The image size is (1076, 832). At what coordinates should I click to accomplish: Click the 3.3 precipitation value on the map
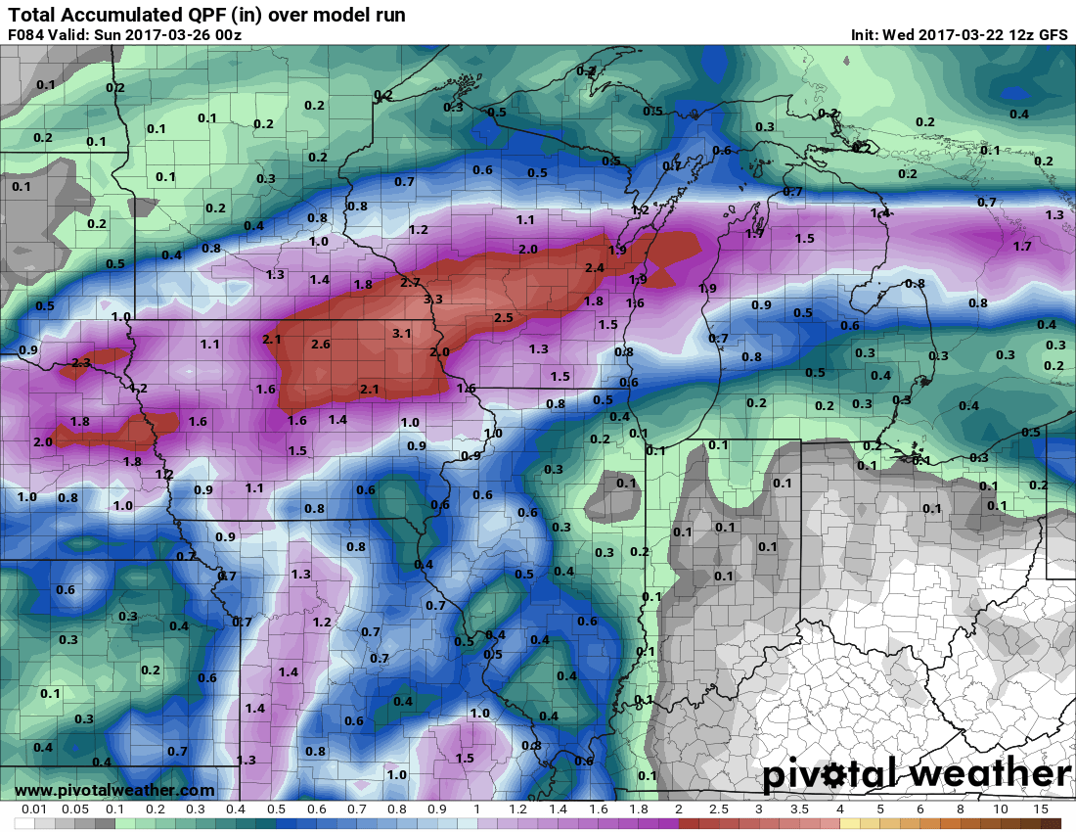click(x=432, y=300)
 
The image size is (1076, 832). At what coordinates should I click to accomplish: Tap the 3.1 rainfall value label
click(x=401, y=334)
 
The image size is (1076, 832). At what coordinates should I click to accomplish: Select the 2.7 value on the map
click(x=411, y=282)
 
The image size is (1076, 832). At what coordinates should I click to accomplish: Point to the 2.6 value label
click(x=321, y=345)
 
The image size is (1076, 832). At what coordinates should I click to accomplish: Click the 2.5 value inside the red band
click(x=504, y=318)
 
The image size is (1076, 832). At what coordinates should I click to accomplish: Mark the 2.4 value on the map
click(x=595, y=268)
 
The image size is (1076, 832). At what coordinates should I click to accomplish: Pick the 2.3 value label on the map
click(x=81, y=363)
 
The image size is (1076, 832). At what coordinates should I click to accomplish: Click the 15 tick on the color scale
click(x=1041, y=810)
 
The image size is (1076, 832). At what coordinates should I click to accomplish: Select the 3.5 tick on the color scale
click(x=799, y=810)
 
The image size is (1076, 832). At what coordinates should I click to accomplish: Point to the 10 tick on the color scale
click(x=1001, y=810)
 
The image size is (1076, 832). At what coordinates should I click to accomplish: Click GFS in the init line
click(x=1053, y=35)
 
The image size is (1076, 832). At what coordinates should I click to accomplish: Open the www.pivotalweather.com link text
click(x=114, y=790)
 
